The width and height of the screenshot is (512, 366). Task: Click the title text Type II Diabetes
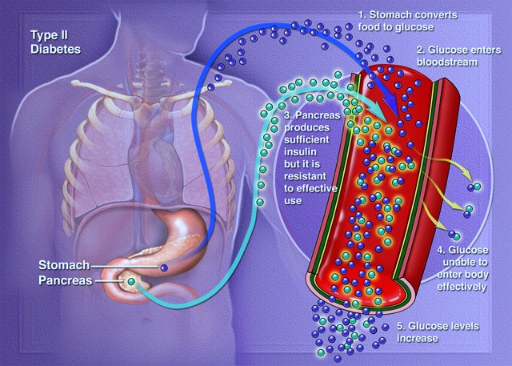[x=55, y=42]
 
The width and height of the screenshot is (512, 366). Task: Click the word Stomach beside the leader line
[x=64, y=265]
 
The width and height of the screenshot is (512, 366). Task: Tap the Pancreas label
[x=66, y=280]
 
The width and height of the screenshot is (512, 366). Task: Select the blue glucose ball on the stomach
[x=164, y=268]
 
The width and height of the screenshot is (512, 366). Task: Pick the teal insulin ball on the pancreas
[x=131, y=281]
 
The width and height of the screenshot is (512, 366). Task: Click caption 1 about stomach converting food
[x=407, y=21]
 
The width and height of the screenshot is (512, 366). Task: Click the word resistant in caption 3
[x=305, y=176]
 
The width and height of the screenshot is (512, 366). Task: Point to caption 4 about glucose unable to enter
[x=462, y=268]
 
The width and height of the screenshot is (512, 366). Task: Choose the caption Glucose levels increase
[x=438, y=332]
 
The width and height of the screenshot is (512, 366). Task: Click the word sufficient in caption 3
[x=306, y=139]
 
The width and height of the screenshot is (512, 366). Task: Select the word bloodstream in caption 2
[x=446, y=62]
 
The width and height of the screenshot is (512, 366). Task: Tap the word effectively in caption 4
[x=462, y=287]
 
